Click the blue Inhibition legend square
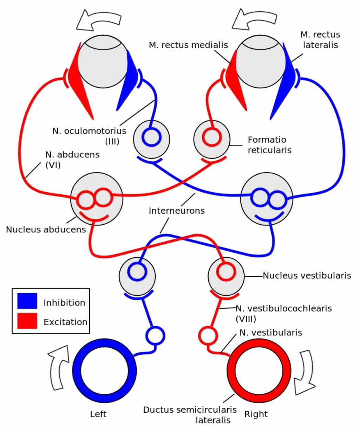(27, 301)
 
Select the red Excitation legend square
(27, 321)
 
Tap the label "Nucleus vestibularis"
(307, 276)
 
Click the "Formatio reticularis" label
(270, 145)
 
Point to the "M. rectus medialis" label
(188, 45)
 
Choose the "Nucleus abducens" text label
(46, 230)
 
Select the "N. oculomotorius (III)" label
(89, 136)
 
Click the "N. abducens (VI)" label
(72, 160)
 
